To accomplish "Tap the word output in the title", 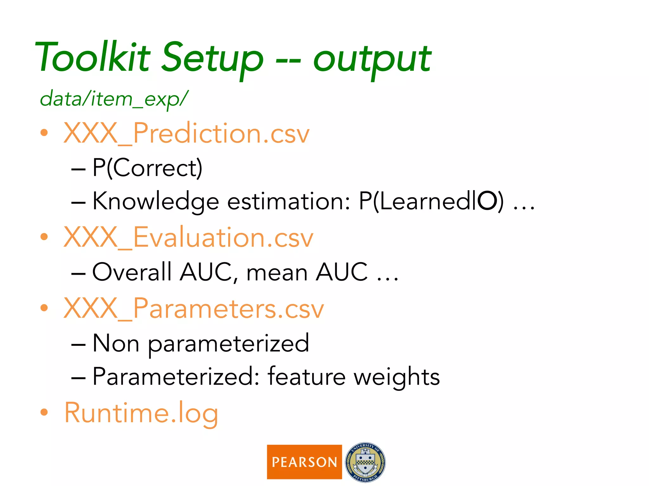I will (x=372, y=60).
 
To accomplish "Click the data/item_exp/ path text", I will (x=114, y=99).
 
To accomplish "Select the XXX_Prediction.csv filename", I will (x=186, y=133).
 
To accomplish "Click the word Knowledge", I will (x=156, y=202).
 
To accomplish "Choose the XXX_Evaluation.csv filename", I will (x=188, y=238).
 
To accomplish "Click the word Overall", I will (x=132, y=272).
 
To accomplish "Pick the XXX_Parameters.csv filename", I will (x=194, y=308).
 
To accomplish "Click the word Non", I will (x=116, y=343).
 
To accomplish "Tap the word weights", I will (x=397, y=377).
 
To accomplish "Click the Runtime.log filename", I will (x=141, y=413).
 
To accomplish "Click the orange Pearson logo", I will (x=304, y=462).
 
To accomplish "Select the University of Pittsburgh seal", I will (x=365, y=462).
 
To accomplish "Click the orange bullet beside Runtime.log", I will (x=44, y=412).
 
